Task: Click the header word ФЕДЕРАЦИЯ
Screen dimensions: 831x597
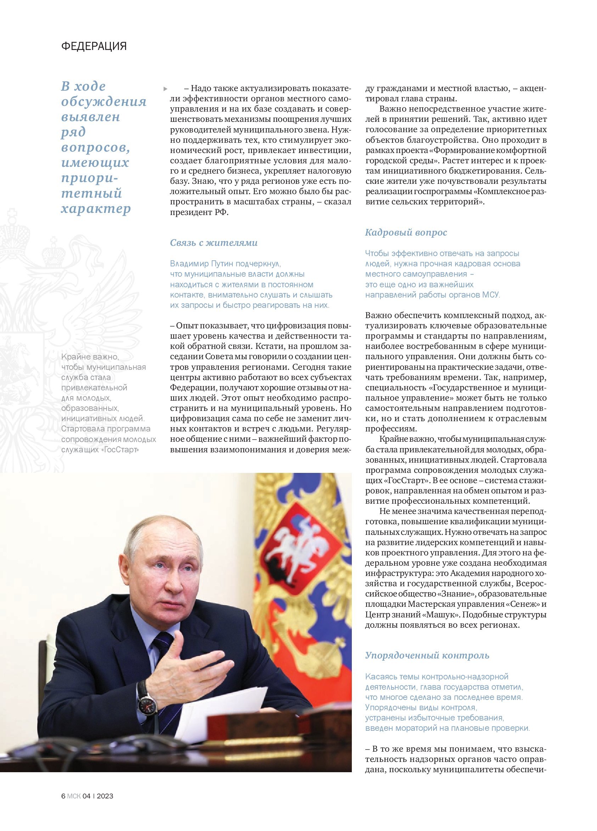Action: click(x=94, y=46)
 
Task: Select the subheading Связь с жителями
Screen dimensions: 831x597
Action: click(x=214, y=243)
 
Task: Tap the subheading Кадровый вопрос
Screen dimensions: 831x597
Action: click(x=406, y=232)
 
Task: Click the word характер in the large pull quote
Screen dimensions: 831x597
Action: click(x=96, y=209)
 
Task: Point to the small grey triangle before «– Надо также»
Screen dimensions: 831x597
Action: click(x=165, y=89)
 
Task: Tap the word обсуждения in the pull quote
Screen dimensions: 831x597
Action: click(x=104, y=102)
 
